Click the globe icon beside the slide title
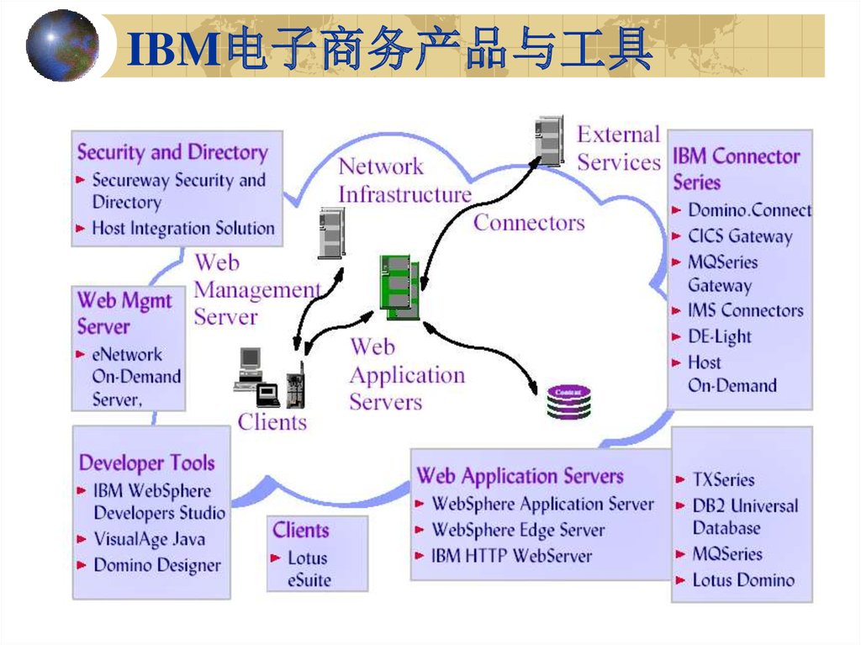pos(61,45)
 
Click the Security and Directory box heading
pos(172,152)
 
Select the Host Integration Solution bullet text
pos(183,228)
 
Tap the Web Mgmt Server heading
pos(124,313)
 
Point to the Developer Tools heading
pos(146,463)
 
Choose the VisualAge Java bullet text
pos(149,539)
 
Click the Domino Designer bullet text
pos(157,565)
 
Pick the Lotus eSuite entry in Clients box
pos(309,568)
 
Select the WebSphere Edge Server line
pos(518,530)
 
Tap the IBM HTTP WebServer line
pos(511,556)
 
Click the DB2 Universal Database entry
pos(745,516)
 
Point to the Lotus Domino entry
pos(743,579)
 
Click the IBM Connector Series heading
pos(736,168)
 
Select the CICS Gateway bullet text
pos(740,236)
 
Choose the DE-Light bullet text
pos(720,336)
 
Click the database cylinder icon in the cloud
pos(569,402)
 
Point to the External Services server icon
pos(548,141)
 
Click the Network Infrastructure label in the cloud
pos(404,180)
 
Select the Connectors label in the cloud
pos(529,223)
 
